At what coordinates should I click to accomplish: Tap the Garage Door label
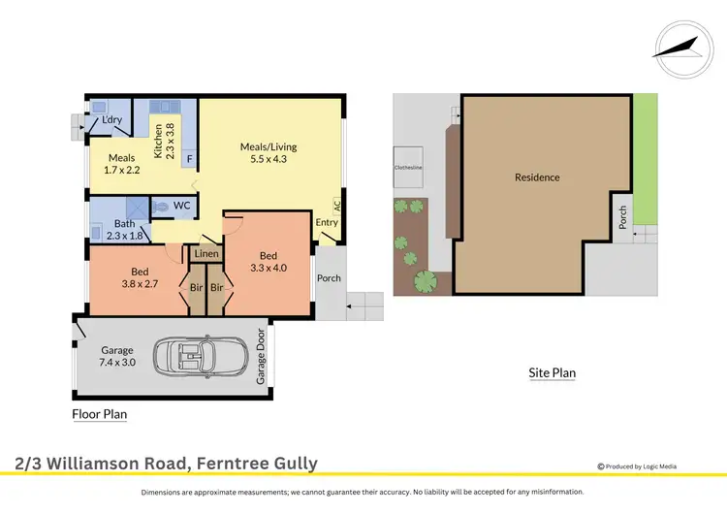(x=261, y=357)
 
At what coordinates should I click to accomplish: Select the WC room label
(x=181, y=206)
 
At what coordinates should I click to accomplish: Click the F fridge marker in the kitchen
(x=189, y=156)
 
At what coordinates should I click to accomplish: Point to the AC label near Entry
(x=337, y=208)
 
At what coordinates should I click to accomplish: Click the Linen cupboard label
(x=206, y=254)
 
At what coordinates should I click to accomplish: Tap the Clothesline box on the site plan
(x=406, y=167)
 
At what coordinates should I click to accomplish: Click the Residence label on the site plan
(x=537, y=177)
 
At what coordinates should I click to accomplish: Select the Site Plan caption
(x=552, y=372)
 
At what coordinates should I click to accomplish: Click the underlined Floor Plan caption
(x=100, y=414)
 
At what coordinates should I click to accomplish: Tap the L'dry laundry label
(x=112, y=120)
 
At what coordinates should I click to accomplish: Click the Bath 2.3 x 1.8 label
(x=123, y=230)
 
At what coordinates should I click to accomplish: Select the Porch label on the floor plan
(x=330, y=278)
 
